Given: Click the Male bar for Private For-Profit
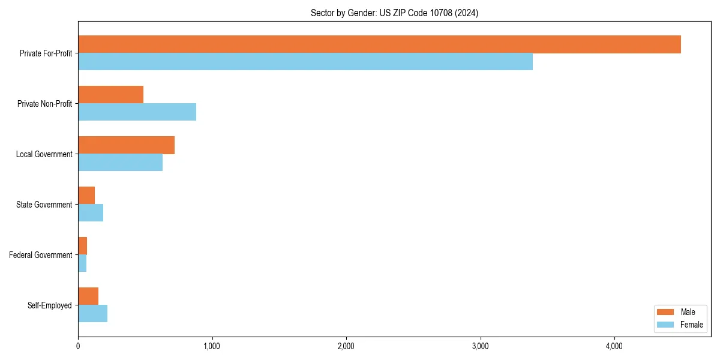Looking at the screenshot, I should click(379, 44).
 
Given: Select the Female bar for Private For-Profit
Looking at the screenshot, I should click(305, 62).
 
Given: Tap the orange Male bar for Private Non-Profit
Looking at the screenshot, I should click(111, 95).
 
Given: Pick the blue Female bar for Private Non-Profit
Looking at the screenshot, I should click(137, 112).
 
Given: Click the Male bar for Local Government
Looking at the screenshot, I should click(126, 145).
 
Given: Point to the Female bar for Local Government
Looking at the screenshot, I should click(120, 163).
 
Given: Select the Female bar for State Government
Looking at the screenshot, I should click(91, 213).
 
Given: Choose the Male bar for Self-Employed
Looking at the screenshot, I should click(88, 296).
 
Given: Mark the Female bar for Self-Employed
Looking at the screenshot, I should click(92, 314).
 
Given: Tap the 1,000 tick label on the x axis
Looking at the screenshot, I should click(212, 346).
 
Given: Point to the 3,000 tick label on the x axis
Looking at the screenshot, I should click(480, 346).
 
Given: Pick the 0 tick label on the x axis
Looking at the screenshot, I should click(78, 346).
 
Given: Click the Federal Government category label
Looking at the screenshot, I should click(41, 255).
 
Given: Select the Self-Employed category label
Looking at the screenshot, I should click(50, 305).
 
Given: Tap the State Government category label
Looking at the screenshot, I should click(44, 205).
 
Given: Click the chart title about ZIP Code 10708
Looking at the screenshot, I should click(394, 13).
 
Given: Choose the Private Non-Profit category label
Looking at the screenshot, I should click(45, 104).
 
